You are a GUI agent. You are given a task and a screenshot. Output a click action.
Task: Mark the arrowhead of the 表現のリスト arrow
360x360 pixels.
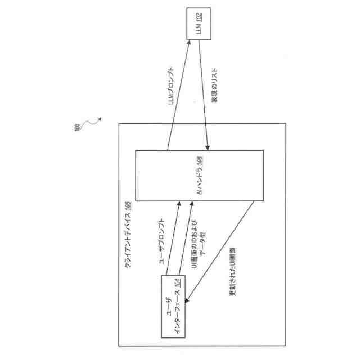[x=209, y=149]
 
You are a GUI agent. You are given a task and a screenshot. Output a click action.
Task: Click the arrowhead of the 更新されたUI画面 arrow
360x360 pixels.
[x=187, y=303]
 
